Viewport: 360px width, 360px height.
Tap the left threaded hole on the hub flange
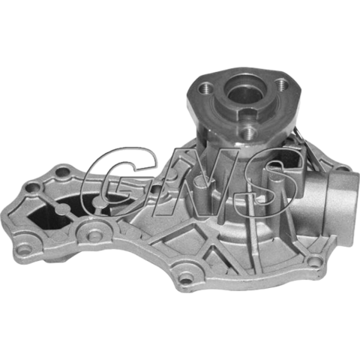[205, 88]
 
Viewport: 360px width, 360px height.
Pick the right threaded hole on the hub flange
[283, 84]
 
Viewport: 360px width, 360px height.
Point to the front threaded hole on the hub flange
[248, 132]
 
